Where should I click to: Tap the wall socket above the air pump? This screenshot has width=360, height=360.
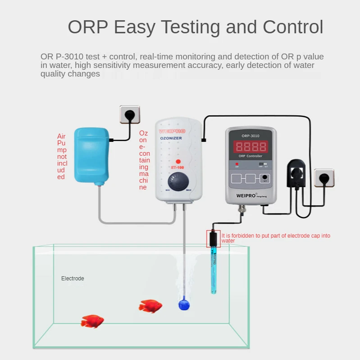(x=129, y=114)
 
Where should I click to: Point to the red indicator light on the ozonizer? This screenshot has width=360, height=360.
(x=178, y=162)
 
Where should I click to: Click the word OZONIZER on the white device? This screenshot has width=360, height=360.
(x=171, y=138)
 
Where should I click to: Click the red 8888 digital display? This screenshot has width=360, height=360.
(x=251, y=147)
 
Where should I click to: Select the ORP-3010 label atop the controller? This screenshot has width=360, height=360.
(x=251, y=135)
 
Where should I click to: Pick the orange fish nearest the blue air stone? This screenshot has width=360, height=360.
(x=150, y=306)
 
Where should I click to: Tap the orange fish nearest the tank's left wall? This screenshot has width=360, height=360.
(x=92, y=321)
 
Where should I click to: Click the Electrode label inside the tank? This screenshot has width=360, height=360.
(x=73, y=279)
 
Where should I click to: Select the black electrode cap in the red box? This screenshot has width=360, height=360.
(x=214, y=238)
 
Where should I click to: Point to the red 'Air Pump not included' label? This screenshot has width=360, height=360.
(x=62, y=157)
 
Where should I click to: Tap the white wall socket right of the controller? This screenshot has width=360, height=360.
(x=324, y=178)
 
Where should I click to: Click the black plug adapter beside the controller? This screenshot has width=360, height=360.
(x=297, y=173)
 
